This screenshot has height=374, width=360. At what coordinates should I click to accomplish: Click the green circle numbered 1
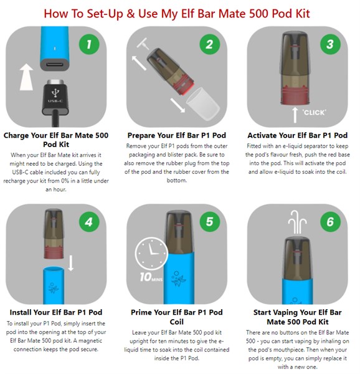pos(89,44)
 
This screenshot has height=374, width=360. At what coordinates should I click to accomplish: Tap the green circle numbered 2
pos(210,44)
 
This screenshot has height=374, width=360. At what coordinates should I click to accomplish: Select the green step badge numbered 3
pos(330,44)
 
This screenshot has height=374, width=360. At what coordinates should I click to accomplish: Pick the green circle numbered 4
pos(89,222)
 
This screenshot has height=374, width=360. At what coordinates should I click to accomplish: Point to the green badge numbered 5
pos(210,221)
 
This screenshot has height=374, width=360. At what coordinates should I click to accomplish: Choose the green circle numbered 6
pos(330,221)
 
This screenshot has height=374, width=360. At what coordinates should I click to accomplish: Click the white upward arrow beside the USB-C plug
pos(26,77)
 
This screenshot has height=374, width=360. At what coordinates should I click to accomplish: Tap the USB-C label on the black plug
pos(55,101)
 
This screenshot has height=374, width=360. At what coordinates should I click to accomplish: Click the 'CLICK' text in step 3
pos(314,113)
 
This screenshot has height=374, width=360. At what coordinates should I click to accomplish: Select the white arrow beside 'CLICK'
pos(295,115)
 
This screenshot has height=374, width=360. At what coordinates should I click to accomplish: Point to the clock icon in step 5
pos(151,253)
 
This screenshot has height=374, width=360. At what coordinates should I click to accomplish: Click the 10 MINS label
pos(151,277)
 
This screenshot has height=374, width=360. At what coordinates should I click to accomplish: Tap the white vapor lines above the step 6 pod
pos(297,222)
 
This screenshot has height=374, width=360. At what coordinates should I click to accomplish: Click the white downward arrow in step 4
pos(71,263)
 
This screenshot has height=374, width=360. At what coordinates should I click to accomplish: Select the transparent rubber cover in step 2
pos(203,105)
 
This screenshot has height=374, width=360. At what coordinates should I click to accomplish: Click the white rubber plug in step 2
pos(143,44)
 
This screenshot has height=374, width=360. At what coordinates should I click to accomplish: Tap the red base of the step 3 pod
pos(295,97)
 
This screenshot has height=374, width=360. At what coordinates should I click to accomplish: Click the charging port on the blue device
pos(55,64)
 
